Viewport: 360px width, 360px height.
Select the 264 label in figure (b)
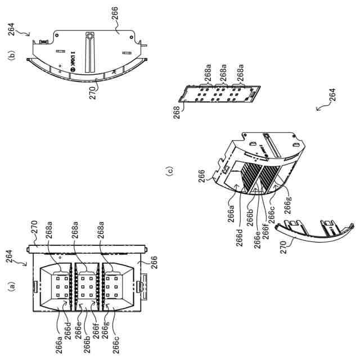(x=11, y=29)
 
